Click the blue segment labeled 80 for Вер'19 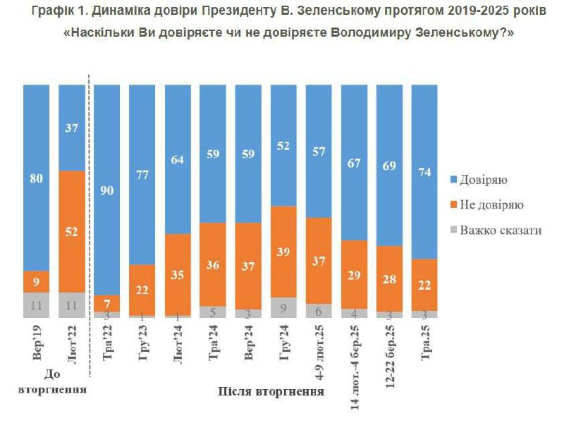point(37,178)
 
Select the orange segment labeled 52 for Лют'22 point(72,231)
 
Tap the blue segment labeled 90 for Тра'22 point(107,189)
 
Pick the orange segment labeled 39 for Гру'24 point(283,252)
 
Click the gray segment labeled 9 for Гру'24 point(283,307)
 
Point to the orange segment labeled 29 point(354,274)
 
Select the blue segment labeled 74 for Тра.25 point(424,171)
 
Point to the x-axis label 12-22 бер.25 point(389,356)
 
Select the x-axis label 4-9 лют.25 point(319,350)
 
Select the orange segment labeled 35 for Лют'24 point(178,274)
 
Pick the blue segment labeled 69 point(389,165)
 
